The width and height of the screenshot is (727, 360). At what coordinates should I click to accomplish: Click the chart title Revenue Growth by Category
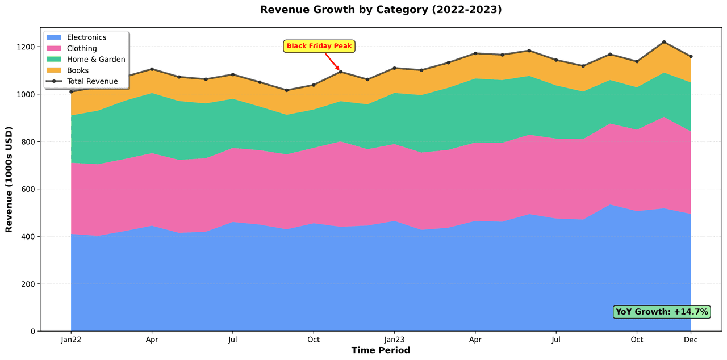[381, 10]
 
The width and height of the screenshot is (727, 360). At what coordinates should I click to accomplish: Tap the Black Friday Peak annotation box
[319, 46]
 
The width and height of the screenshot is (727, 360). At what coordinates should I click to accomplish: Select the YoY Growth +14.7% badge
[662, 312]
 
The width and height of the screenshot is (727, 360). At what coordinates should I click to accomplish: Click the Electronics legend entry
[86, 37]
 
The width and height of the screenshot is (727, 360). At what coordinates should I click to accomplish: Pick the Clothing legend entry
[82, 48]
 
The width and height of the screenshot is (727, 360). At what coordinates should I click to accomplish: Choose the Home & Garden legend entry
[96, 59]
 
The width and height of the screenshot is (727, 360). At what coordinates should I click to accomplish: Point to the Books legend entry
[78, 70]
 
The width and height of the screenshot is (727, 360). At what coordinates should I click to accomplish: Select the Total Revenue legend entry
[92, 81]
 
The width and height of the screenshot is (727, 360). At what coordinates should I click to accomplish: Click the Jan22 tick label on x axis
[71, 340]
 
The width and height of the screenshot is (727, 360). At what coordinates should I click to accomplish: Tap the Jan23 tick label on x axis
[394, 340]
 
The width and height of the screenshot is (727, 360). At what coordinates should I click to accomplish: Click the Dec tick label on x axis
[691, 340]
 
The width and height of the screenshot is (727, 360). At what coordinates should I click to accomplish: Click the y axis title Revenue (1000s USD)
[10, 179]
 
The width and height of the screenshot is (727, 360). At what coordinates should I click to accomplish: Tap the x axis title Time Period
[381, 350]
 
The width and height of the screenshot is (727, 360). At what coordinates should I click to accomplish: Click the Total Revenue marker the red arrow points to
[340, 72]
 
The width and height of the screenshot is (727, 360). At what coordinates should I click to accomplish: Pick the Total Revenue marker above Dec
[691, 56]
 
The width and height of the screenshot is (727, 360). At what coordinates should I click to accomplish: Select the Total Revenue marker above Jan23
[394, 68]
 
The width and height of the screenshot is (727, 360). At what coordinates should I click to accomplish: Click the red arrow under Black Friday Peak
[332, 61]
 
